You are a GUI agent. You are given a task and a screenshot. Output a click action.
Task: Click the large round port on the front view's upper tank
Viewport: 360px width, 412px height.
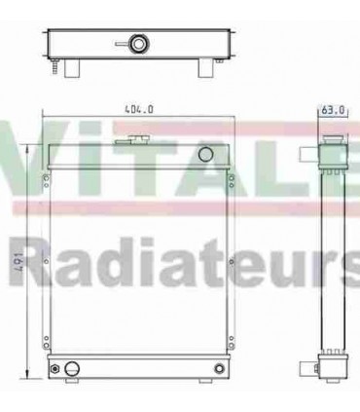click(x=204, y=155)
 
